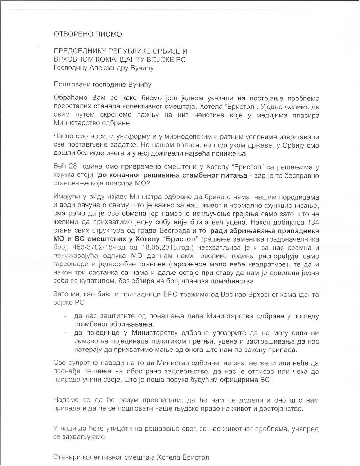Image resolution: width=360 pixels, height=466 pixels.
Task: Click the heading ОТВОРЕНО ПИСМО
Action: (88, 35)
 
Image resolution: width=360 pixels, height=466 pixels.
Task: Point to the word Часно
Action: (63, 137)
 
